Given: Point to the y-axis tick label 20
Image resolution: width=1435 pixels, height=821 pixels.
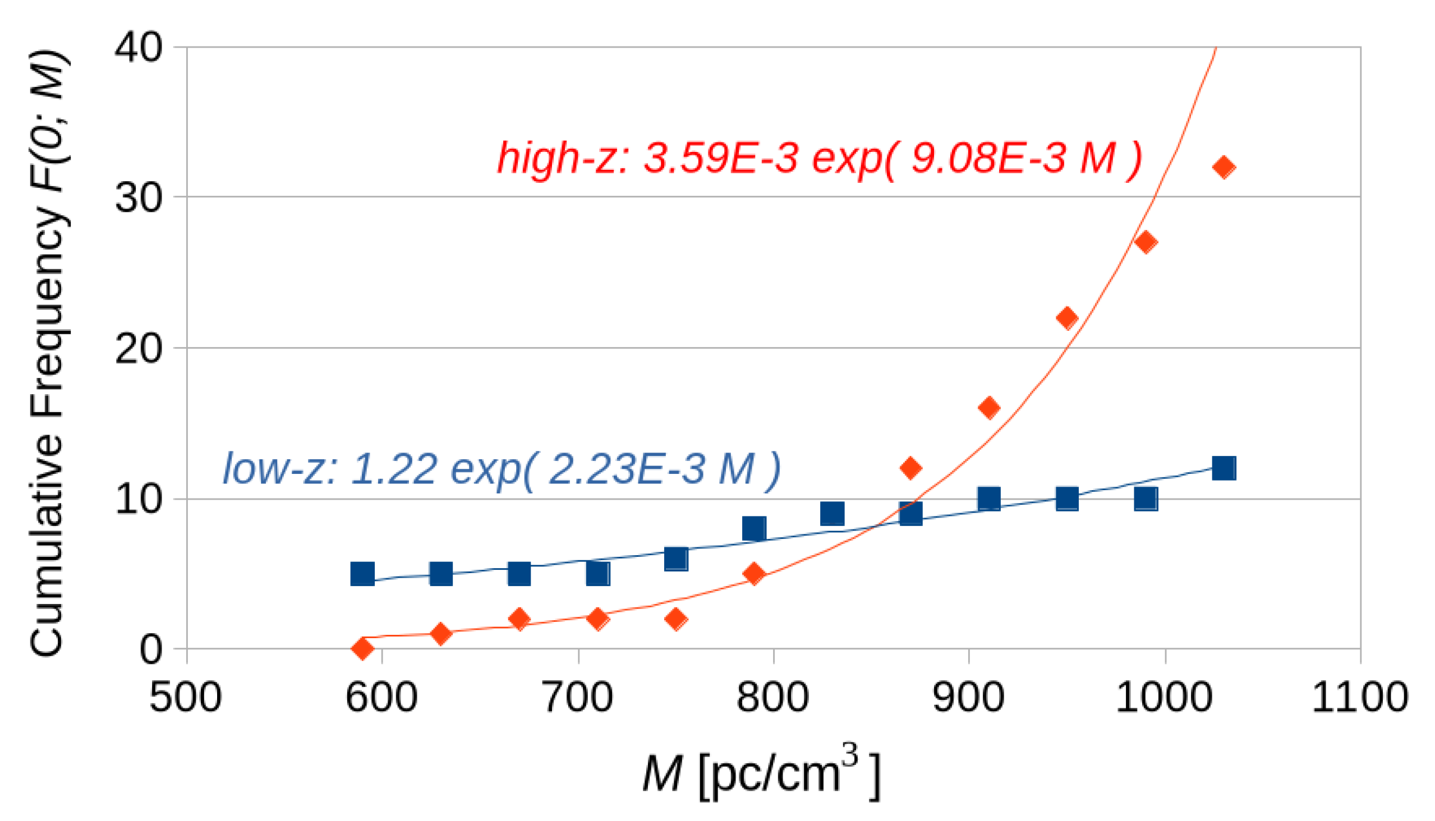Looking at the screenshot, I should [x=139, y=348].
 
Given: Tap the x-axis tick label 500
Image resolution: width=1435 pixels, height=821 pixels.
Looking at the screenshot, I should [x=186, y=698].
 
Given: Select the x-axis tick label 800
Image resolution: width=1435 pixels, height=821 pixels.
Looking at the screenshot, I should [x=772, y=698].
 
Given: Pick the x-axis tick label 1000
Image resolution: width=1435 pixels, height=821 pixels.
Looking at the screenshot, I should [x=1164, y=698].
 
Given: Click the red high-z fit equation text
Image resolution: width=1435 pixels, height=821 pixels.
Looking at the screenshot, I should [x=819, y=159].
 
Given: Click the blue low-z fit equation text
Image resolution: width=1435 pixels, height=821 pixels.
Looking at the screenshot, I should [x=502, y=469].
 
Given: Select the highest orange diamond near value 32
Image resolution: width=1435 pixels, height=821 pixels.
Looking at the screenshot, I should [x=1224, y=167].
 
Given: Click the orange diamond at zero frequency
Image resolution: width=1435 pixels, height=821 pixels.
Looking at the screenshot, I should [x=362, y=648].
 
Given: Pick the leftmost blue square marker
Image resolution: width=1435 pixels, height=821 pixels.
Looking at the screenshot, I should [x=362, y=574].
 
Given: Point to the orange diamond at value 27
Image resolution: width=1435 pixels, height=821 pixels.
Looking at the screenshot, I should [x=1146, y=242].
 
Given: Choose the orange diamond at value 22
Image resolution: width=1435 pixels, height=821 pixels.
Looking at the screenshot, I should [x=1066, y=318].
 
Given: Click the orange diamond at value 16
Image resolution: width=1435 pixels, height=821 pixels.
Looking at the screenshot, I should [x=989, y=408].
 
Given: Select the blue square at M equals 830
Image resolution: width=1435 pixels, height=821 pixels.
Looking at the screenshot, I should [x=833, y=513].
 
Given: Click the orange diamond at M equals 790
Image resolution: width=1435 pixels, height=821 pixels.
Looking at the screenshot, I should [x=754, y=574].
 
